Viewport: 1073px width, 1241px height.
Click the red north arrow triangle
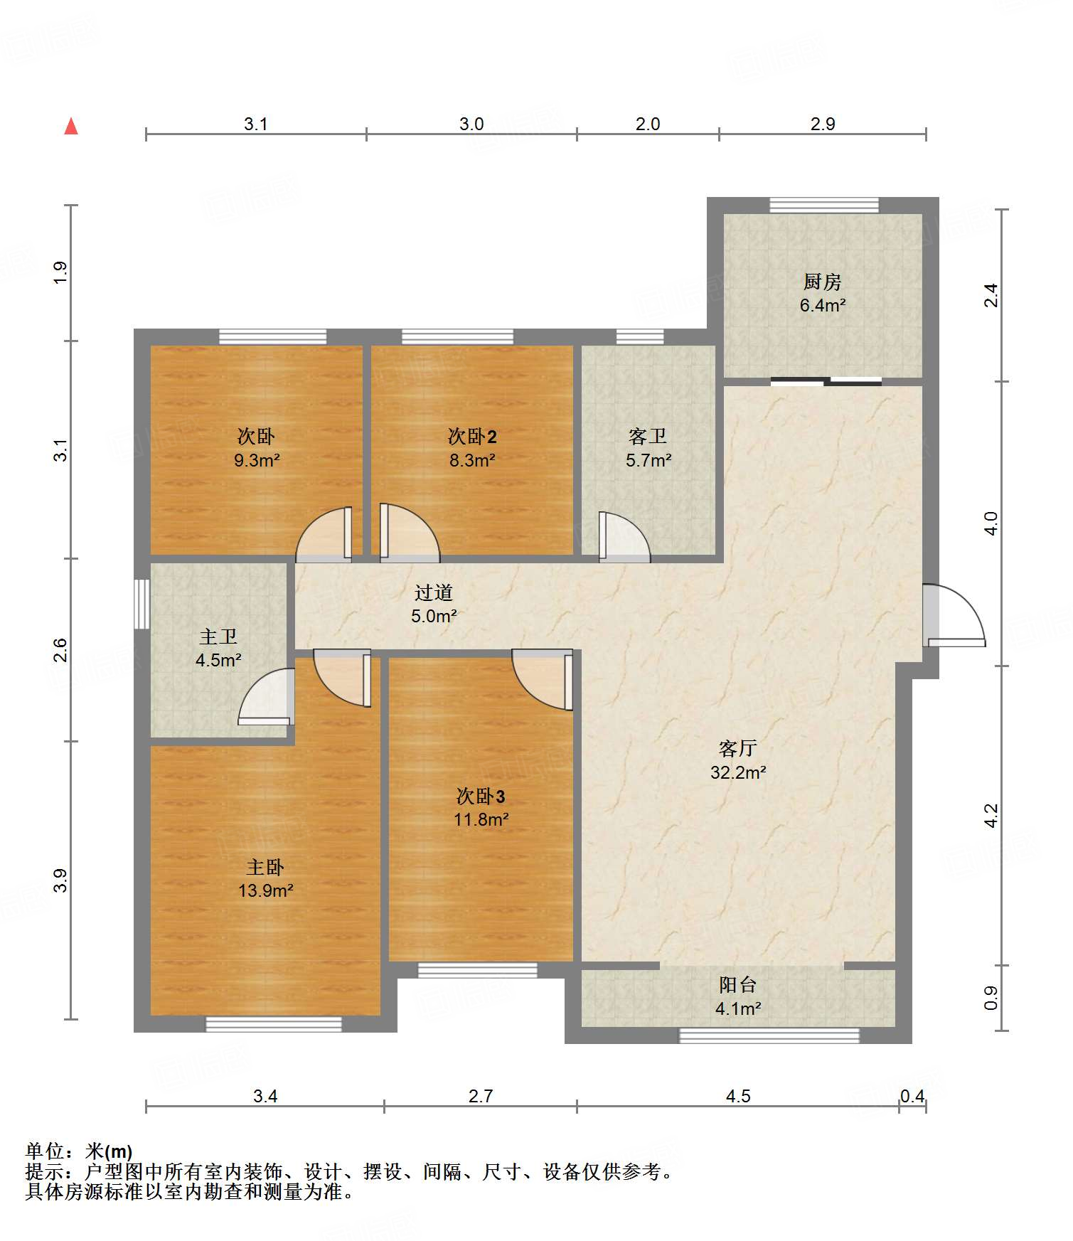coord(71,126)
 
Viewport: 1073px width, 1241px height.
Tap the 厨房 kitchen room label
coord(823,282)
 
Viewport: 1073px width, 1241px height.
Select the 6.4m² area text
coord(823,305)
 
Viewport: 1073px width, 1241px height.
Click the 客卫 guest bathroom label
coord(648,436)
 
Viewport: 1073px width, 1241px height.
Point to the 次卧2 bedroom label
coord(472,436)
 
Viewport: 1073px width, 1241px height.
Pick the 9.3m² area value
coord(257,460)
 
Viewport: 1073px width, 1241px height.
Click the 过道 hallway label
coord(434,592)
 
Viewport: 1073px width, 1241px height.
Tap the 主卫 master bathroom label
coord(218,637)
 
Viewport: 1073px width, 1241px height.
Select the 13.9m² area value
coord(266,890)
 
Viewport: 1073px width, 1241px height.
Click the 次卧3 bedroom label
coord(481,796)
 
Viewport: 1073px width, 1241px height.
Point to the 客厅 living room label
coord(738,748)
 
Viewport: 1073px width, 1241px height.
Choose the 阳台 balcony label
coord(738,985)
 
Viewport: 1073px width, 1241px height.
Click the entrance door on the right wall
coord(954,615)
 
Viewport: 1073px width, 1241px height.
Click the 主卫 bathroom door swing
coord(266,697)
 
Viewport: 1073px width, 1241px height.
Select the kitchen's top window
coord(824,205)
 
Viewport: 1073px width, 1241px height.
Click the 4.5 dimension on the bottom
coord(738,1096)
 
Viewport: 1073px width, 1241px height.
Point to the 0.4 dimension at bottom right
coord(912,1096)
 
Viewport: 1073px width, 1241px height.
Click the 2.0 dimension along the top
coord(648,124)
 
